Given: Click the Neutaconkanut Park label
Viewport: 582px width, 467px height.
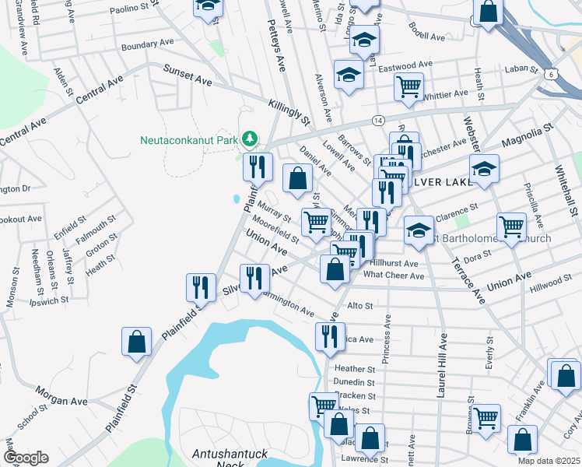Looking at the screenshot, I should point(188,141).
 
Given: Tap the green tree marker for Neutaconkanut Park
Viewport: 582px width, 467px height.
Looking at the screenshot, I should point(249,139).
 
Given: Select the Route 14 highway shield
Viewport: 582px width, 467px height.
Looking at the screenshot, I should point(378,121).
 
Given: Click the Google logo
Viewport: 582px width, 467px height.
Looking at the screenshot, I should point(25,458).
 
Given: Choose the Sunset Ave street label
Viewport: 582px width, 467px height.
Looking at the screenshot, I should point(188,75).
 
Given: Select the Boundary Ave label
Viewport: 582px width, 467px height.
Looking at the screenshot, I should point(148,44).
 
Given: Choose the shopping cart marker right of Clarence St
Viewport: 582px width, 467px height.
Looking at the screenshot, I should point(511,226).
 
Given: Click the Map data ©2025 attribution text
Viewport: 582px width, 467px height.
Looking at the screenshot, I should point(549,461).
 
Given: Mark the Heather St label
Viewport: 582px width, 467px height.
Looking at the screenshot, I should point(354,369).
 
